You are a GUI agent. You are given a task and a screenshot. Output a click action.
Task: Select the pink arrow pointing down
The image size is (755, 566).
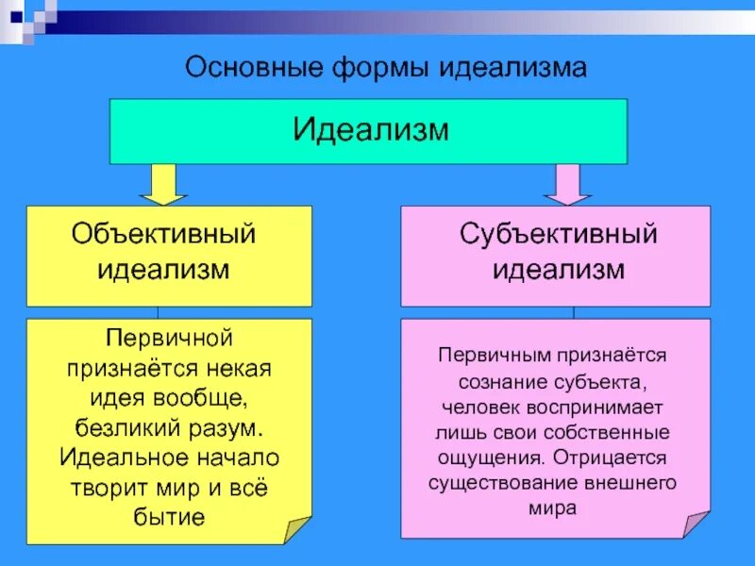pos(567,184)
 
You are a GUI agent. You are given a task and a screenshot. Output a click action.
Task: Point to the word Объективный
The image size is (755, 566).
pos(164,233)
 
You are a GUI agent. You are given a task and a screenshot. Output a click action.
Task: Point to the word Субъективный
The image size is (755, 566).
pos(558,233)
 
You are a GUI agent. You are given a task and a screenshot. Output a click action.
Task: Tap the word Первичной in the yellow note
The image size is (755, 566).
pos(168,337)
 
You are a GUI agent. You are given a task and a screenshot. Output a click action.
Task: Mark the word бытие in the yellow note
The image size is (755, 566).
pos(171,517)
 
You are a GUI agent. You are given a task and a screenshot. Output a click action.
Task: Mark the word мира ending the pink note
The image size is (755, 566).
pos(553,508)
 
